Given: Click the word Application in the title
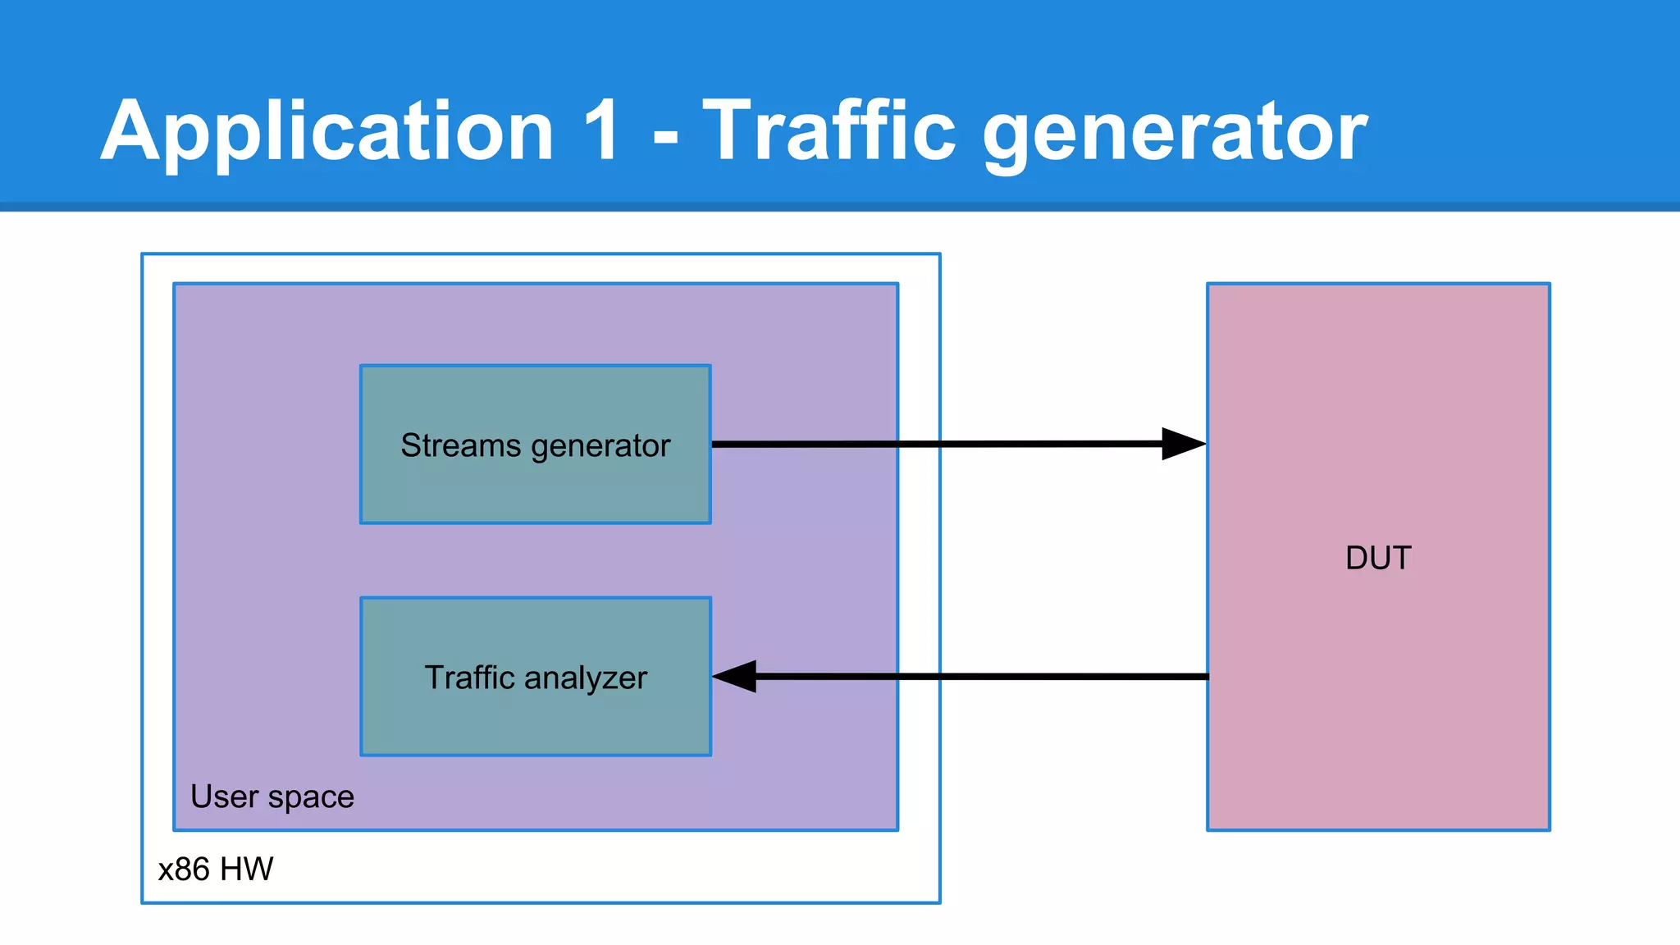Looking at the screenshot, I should tap(326, 131).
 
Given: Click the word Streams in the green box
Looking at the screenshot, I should tap(460, 445).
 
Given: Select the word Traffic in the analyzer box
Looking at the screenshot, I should tap(469, 678).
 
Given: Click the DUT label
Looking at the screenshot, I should tap(1378, 558).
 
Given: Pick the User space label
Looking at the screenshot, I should tap(272, 797).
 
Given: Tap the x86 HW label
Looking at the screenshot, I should tap(215, 869).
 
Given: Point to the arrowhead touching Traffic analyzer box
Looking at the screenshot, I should tap(735, 677).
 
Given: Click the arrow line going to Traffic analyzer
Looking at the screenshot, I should tap(984, 677).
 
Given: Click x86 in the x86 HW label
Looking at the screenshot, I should tap(184, 869).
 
